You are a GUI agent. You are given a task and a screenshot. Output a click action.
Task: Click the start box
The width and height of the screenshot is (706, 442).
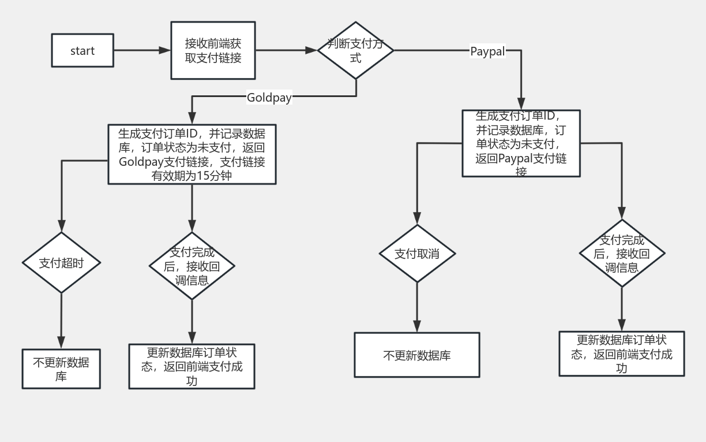(82, 51)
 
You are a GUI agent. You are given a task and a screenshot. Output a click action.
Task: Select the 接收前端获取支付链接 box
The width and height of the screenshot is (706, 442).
(213, 51)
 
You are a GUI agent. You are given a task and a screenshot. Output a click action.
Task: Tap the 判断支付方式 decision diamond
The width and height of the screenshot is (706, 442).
(355, 51)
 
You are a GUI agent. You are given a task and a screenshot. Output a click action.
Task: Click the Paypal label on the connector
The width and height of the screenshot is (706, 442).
(487, 51)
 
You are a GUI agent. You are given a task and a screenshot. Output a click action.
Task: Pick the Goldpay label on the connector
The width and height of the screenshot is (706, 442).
(269, 98)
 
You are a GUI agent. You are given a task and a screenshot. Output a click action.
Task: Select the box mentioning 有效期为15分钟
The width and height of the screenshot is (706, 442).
(192, 154)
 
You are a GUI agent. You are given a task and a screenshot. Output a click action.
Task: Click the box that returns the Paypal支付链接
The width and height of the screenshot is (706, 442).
(521, 143)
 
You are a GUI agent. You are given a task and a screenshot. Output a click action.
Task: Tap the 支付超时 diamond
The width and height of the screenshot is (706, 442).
(61, 263)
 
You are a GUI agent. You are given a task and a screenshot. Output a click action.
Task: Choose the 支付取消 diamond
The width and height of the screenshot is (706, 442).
(416, 254)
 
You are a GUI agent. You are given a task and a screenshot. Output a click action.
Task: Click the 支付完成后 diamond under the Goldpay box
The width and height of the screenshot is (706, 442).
(192, 266)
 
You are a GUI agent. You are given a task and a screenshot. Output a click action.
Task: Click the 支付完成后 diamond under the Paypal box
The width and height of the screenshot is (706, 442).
(622, 254)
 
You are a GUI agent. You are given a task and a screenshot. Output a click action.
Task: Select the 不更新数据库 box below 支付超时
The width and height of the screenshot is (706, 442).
(61, 369)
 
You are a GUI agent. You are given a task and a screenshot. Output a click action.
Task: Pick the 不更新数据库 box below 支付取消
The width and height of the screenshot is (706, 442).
(416, 355)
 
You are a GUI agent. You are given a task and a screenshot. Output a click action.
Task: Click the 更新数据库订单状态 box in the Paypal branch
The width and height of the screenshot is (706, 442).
(622, 354)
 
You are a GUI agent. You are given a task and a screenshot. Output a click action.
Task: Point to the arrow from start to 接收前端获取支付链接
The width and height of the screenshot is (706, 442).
(141, 50)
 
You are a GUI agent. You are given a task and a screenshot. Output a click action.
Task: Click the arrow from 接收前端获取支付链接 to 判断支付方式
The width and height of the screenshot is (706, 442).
(286, 50)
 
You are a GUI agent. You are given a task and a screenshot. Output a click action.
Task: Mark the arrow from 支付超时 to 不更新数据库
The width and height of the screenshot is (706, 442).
(61, 321)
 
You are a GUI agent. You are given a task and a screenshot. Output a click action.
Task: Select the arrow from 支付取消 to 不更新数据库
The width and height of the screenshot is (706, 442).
(416, 306)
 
